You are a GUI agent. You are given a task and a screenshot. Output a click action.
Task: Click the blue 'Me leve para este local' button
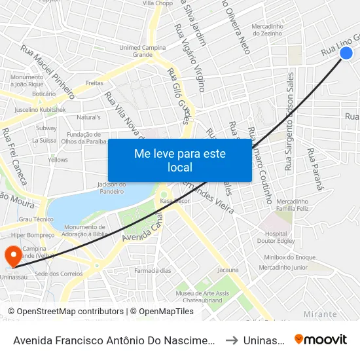point(179,160)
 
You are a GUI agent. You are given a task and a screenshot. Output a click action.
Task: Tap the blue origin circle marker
point(347,54)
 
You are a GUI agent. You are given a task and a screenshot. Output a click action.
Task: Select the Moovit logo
point(321,339)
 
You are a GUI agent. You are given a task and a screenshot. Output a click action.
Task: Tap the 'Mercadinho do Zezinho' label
point(271,29)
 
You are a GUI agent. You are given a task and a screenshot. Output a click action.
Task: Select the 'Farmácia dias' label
point(153,270)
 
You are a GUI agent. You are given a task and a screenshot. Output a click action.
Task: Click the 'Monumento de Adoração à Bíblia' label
point(81,230)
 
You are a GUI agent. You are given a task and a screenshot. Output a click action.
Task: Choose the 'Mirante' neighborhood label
point(320,314)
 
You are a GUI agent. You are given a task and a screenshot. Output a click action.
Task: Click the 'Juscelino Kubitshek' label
point(40,110)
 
